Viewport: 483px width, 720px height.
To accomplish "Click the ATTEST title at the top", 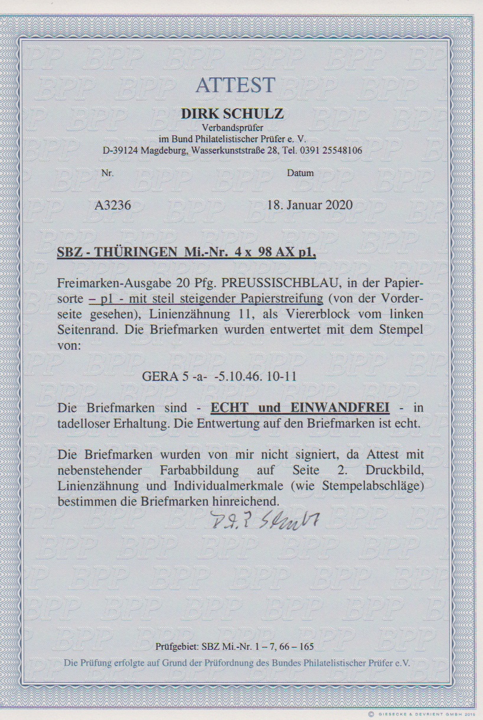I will [x=236, y=85].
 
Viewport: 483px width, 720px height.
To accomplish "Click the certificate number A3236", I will [x=113, y=205].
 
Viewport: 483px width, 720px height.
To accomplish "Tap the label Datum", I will [x=301, y=174].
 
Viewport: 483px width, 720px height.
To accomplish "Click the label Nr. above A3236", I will [x=107, y=174].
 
